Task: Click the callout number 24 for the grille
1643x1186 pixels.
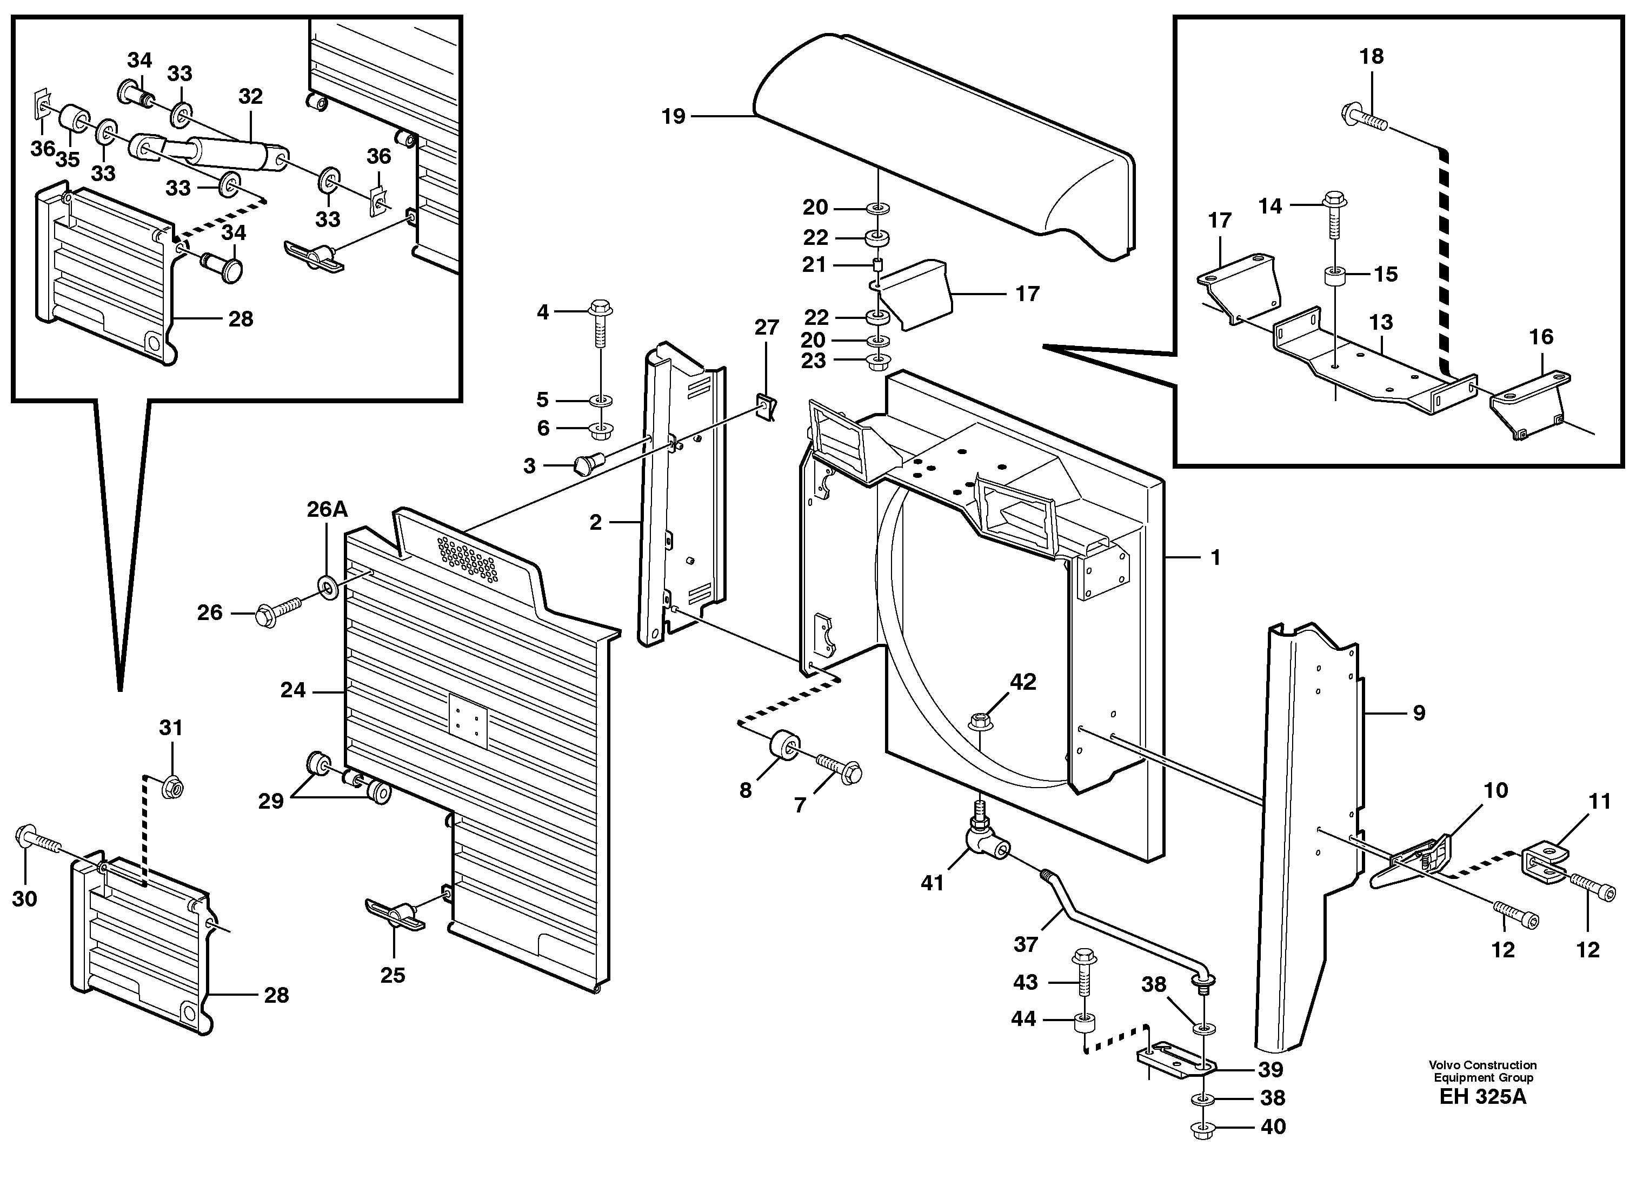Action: (x=292, y=690)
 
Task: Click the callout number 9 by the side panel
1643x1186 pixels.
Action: (x=1419, y=714)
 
